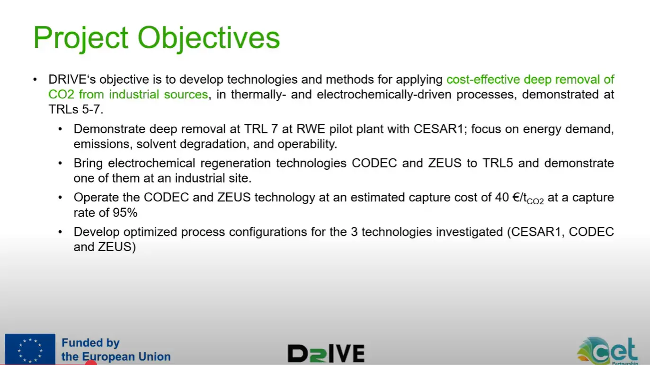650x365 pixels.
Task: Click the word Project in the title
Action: pos(80,38)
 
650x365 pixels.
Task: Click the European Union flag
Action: pos(30,349)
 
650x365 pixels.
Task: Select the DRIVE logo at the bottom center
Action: pos(326,353)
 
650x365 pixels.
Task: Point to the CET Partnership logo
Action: pos(608,350)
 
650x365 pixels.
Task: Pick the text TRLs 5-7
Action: pos(76,110)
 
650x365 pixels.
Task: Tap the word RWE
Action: pos(311,129)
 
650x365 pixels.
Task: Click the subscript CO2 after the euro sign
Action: pos(535,201)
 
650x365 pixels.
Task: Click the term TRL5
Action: pos(498,163)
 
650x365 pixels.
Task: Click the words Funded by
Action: pos(90,343)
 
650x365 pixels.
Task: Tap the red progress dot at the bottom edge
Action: pos(91,363)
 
